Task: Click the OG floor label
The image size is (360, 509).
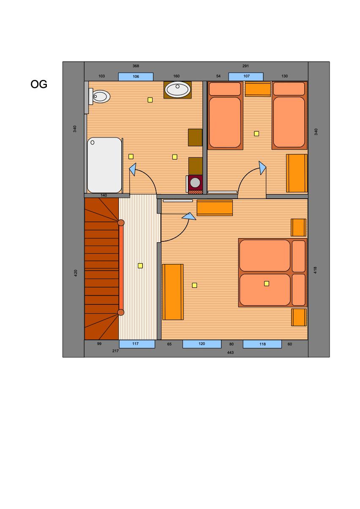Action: coord(38,84)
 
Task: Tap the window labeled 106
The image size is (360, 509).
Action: coord(136,77)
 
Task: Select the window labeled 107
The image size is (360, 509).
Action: coord(246,77)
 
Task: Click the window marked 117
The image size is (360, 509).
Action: coord(137,344)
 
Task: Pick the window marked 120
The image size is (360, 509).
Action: coord(202,344)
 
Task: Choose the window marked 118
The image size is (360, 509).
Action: coord(262,344)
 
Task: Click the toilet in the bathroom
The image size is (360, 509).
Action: coord(99,96)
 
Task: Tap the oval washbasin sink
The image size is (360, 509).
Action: coord(177,89)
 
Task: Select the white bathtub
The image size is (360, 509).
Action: coord(104,165)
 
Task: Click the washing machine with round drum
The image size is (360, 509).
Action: coord(195,183)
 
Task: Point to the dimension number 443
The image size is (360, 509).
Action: coord(230,353)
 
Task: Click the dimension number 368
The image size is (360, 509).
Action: coord(136,66)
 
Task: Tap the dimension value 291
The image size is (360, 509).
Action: coord(245,66)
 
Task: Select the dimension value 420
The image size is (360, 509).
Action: coord(76,273)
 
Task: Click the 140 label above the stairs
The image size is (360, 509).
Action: coord(104,195)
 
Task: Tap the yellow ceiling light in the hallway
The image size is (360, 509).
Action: coord(140,265)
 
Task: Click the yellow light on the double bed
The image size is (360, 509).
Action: coord(267,283)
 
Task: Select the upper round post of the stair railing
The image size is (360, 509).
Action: coord(121,223)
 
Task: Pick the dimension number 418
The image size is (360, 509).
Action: coord(315,270)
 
